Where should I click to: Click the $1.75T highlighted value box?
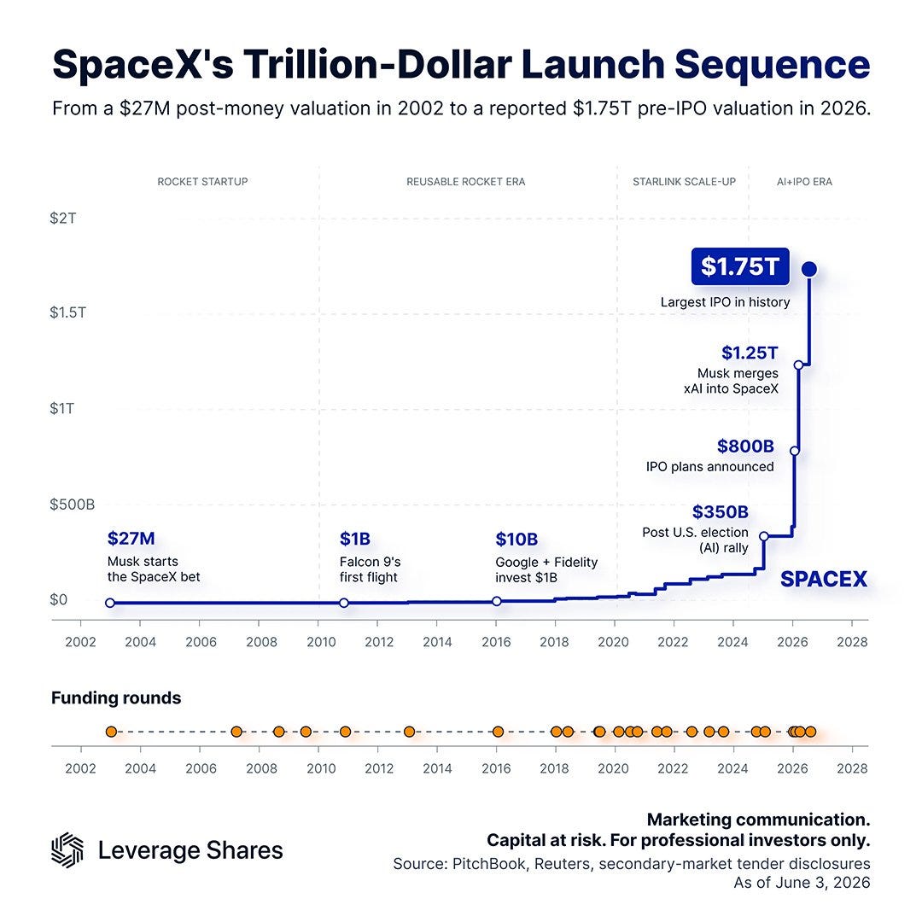pos(739,266)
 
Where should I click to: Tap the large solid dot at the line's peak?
pos(809,269)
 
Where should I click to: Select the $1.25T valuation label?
pos(750,353)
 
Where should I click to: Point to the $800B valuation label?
pos(745,446)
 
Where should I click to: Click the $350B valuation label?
pos(721,512)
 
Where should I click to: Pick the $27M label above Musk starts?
pos(131,538)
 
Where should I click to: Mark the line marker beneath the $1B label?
pos(344,603)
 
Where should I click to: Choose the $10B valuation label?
pos(516,540)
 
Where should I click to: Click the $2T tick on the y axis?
pos(63,219)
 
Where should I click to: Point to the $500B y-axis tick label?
pos(73,505)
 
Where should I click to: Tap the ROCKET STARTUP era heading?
pos(202,182)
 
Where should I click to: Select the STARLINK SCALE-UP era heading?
pos(684,182)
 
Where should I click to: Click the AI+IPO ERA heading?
pos(804,182)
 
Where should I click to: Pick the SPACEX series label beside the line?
pos(824,579)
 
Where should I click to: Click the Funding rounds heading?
pos(116,698)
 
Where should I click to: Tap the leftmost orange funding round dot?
pos(111,732)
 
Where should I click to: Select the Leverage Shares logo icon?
pos(67,849)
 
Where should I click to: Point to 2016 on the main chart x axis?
pos(496,642)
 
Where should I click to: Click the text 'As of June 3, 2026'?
pos(802,883)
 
